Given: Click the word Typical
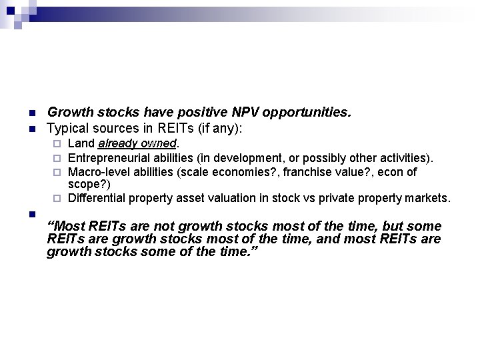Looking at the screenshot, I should click(x=67, y=127).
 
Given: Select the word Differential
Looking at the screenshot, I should click(x=93, y=197).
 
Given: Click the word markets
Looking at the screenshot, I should click(x=430, y=197).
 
